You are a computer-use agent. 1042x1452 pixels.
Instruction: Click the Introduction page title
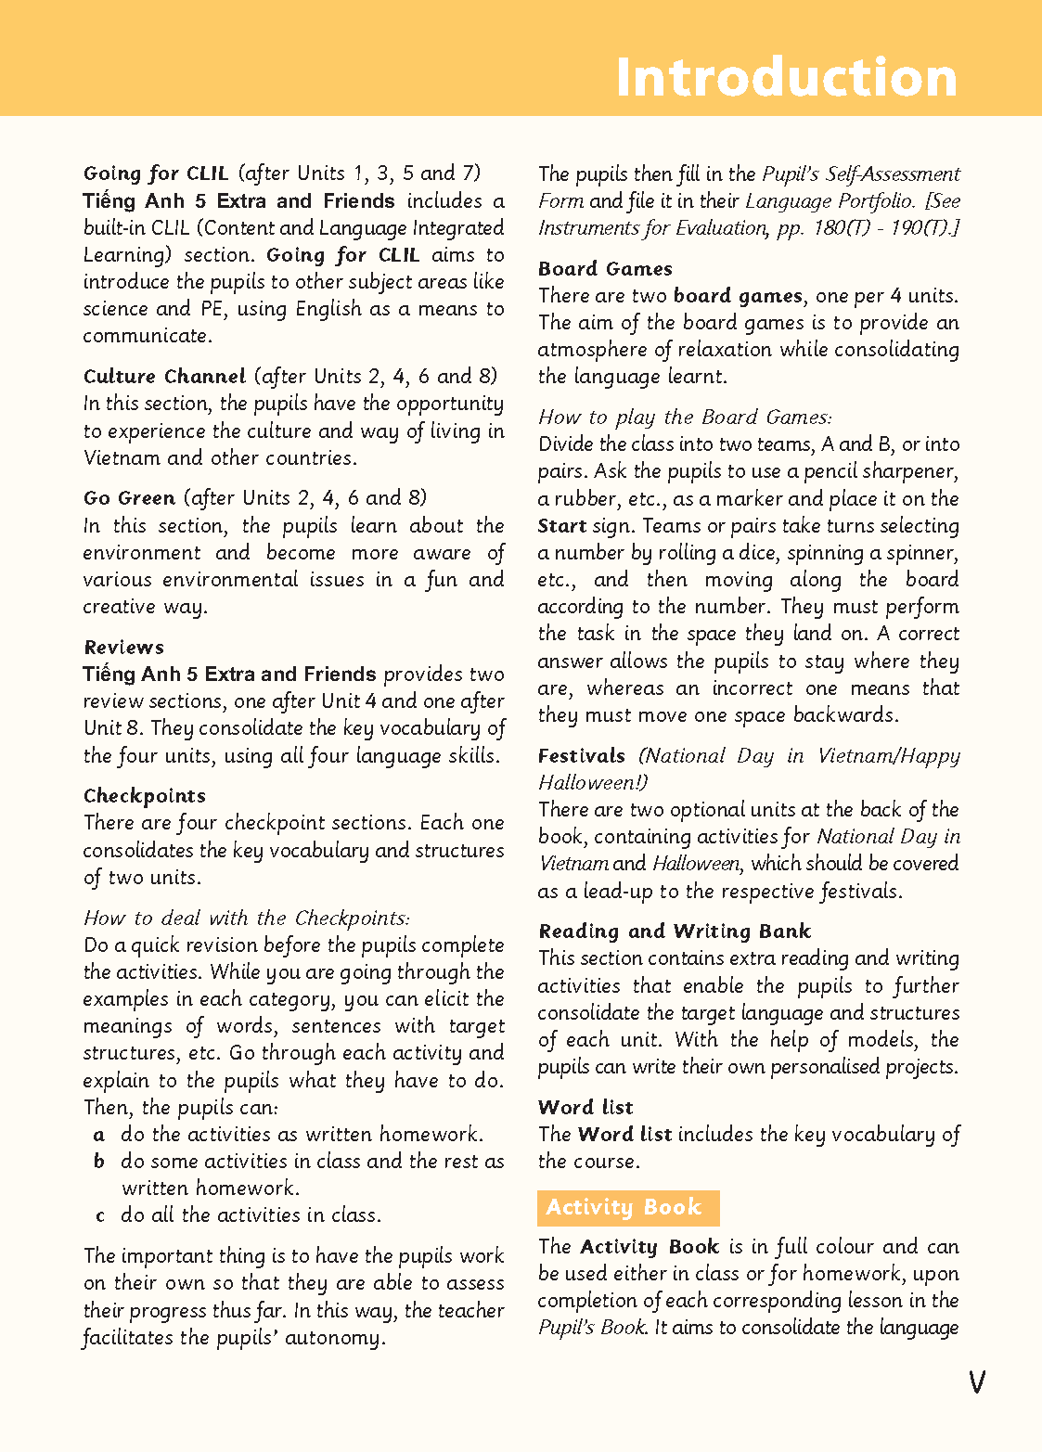pos(786,76)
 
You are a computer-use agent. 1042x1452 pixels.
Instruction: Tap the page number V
pos(976,1382)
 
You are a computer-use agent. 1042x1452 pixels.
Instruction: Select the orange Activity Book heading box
pos(628,1207)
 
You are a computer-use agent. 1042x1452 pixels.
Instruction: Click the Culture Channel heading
pos(164,376)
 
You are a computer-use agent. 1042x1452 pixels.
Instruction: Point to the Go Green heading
pos(129,497)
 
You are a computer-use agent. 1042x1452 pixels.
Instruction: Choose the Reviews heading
pos(123,647)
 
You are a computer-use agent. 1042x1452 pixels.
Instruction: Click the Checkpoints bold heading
pos(145,795)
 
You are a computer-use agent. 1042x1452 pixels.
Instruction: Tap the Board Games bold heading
pos(605,268)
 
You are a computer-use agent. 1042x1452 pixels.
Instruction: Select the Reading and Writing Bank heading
pos(675,931)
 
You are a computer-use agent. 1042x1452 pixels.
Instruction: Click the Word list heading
pos(585,1107)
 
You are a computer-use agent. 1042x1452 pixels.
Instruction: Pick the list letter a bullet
pos(99,1135)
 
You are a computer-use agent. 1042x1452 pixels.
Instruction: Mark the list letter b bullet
pos(99,1162)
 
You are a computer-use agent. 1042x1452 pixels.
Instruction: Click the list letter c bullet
pos(99,1215)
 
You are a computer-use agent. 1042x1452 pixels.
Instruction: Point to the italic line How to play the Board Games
pos(685,417)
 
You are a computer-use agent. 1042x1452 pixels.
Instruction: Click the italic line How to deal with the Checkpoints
pos(246,918)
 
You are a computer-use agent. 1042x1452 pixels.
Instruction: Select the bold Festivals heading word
pos(582,755)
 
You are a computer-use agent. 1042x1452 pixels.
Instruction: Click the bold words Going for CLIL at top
pos(156,173)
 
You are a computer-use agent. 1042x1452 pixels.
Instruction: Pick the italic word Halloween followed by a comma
pos(697,864)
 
